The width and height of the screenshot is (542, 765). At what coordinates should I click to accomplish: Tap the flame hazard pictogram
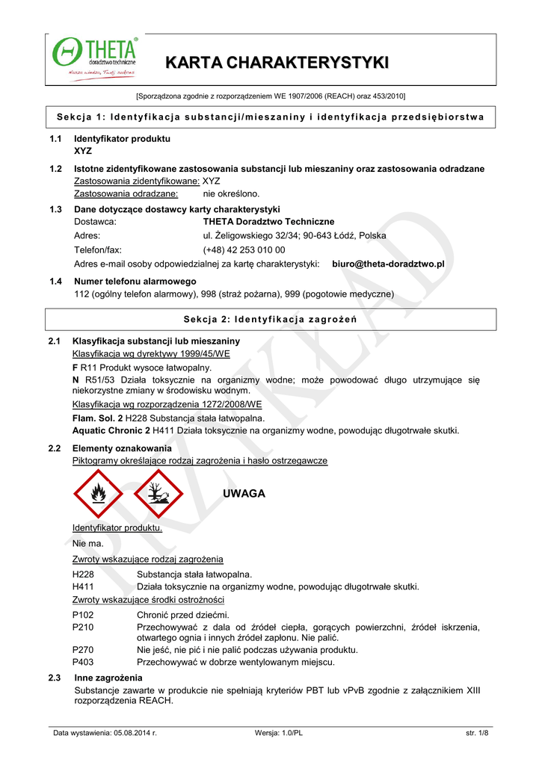click(97, 494)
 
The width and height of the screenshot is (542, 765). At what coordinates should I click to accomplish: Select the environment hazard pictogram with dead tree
click(157, 494)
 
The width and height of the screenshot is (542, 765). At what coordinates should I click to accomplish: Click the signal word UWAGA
click(244, 495)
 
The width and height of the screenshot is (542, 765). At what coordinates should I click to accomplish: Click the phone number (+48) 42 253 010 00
click(244, 250)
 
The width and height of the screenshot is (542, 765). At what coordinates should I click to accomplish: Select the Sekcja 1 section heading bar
click(271, 117)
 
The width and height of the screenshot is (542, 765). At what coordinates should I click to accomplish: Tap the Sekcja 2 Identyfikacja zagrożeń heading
click(271, 320)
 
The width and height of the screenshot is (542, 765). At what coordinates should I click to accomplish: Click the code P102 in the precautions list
click(83, 615)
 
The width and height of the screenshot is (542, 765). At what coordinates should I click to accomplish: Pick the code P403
click(83, 662)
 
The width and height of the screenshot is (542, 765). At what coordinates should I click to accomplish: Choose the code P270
click(83, 650)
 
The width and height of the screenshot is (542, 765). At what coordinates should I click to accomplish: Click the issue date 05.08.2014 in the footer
click(135, 733)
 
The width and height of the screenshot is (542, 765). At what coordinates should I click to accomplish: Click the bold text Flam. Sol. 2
click(97, 418)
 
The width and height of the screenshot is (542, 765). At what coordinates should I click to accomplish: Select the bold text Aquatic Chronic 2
click(111, 430)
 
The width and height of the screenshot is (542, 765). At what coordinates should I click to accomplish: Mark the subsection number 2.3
click(54, 678)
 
